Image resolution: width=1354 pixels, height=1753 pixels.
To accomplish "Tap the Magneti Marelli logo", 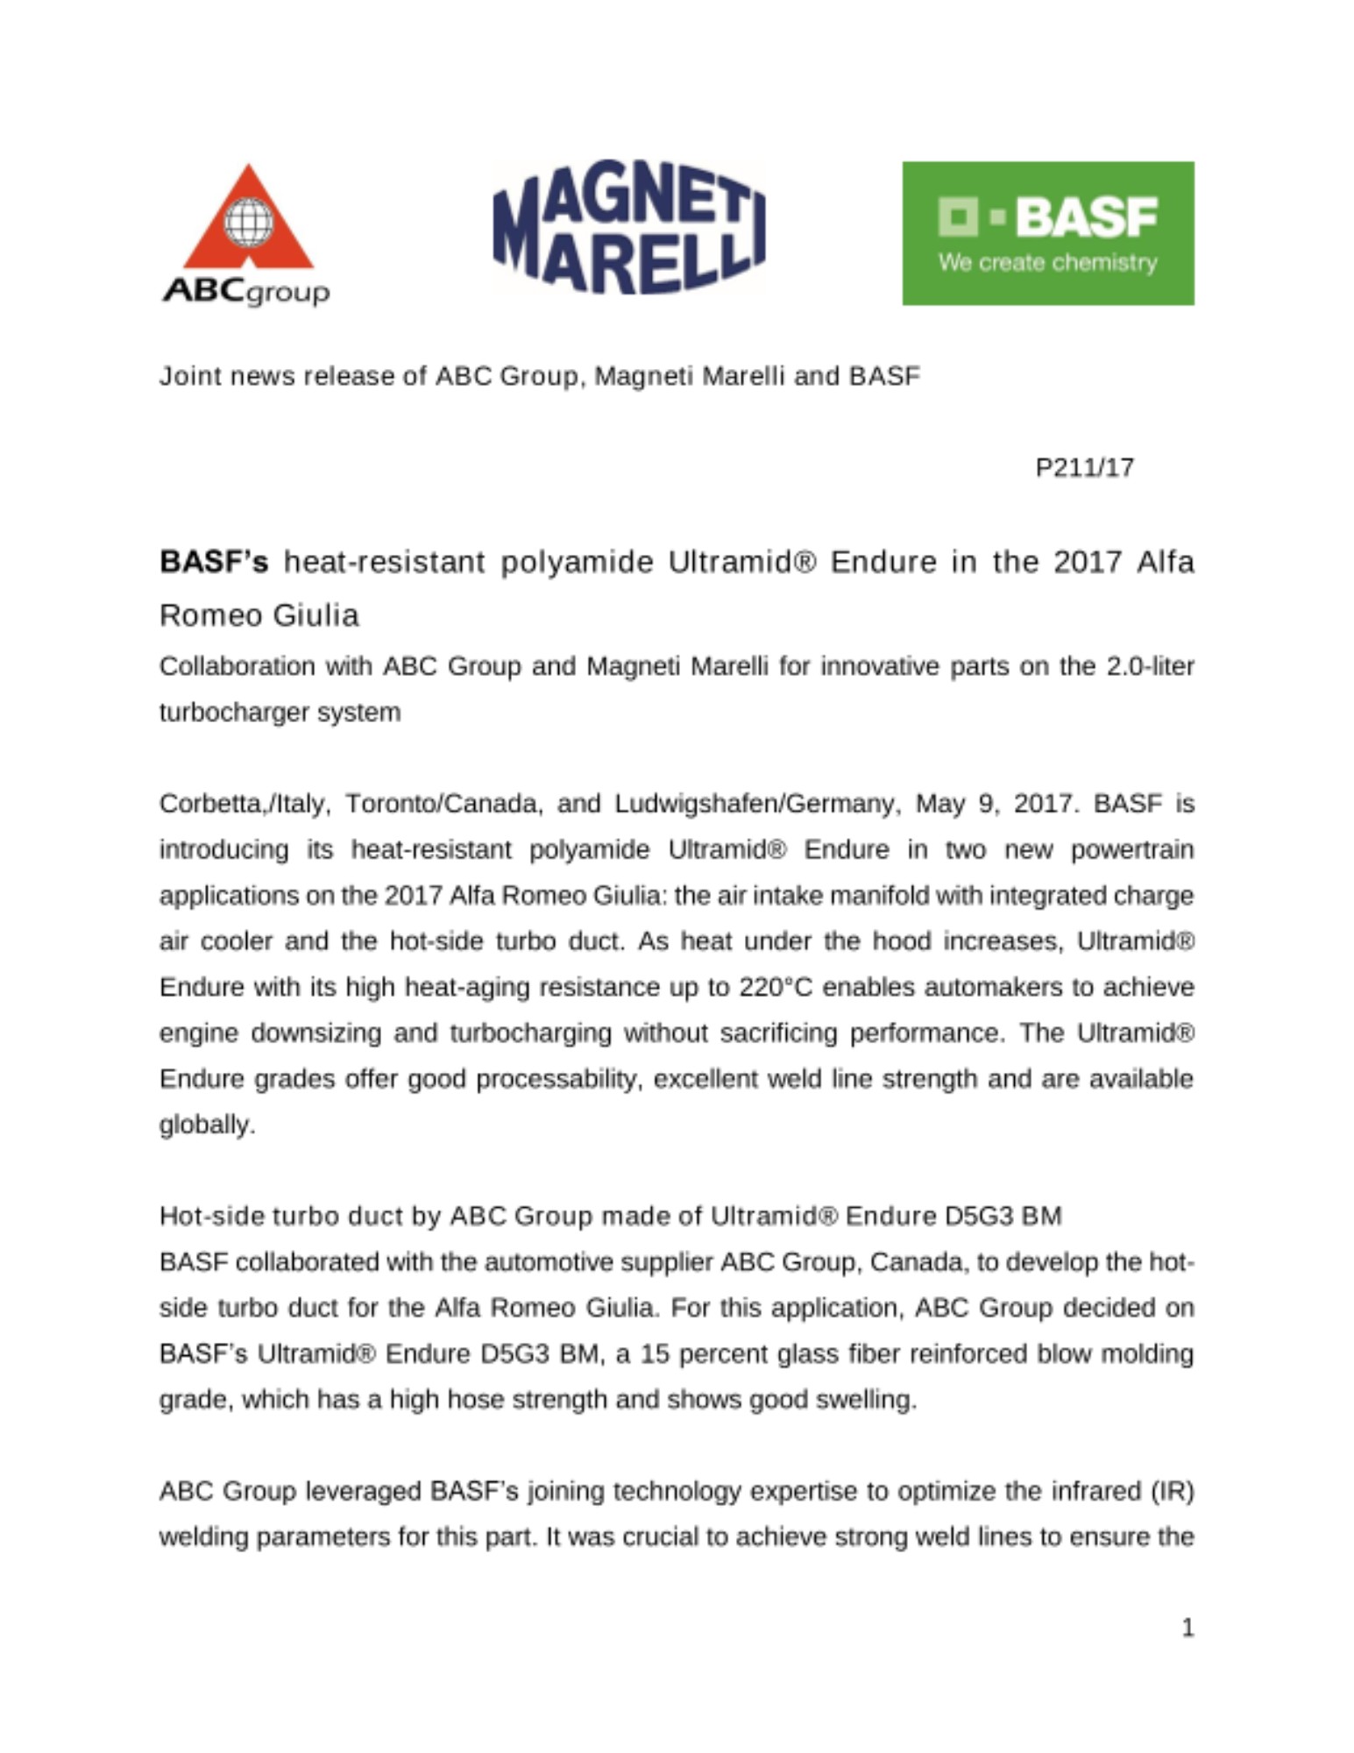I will pos(628,227).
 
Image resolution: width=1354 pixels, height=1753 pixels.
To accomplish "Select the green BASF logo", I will pos(1047,233).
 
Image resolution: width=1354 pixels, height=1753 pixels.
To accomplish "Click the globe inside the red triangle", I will pos(249,222).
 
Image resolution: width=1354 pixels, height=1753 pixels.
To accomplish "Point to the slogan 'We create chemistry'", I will pos(1047,263).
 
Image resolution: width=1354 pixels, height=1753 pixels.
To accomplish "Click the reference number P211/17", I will pos(1084,468).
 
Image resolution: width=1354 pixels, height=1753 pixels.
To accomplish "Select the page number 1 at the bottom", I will pos(1187,1629).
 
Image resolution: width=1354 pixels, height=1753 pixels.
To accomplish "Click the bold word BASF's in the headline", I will pos(214,562).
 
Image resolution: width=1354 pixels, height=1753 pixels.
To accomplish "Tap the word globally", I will pos(207,1125).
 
